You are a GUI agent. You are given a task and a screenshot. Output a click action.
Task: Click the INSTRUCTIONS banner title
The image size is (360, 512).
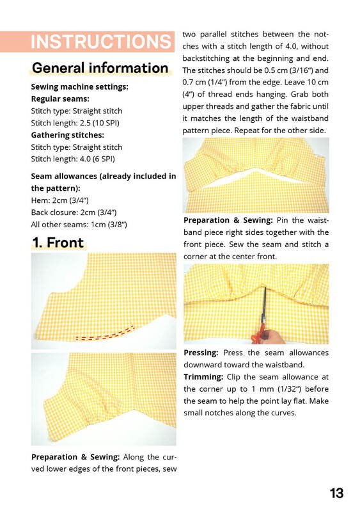point(101,42)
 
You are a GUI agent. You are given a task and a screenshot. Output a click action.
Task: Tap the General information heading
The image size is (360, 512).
point(100,68)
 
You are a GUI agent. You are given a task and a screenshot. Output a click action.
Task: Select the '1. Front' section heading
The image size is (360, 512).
point(58,243)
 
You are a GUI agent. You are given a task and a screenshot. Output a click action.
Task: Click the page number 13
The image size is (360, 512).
point(336,493)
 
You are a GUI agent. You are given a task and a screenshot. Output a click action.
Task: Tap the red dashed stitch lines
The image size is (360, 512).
point(105,333)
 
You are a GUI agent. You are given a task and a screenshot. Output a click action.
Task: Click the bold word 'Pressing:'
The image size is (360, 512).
point(201,353)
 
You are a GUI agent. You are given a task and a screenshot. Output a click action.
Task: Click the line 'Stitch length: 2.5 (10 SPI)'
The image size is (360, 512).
point(75,123)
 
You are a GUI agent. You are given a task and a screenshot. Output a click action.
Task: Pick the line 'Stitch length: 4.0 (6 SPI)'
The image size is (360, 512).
point(73,159)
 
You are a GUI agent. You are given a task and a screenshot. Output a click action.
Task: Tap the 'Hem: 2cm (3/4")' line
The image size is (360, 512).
point(59,200)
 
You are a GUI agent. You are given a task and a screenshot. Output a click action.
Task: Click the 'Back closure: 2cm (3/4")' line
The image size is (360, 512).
point(74,212)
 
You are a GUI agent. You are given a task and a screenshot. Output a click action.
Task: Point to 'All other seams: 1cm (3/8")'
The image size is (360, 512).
point(79,225)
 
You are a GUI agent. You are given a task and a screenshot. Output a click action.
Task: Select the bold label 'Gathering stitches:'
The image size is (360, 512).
point(68,135)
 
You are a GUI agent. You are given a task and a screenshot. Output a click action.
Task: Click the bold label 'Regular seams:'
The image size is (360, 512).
point(60,99)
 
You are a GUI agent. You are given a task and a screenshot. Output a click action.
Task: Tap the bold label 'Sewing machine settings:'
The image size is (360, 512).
point(80,86)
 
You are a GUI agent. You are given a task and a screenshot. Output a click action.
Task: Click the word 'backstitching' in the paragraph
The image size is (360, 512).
point(206,58)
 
